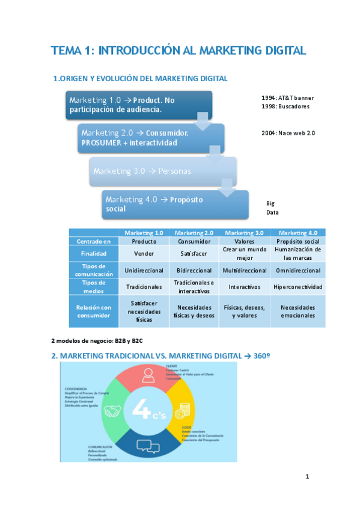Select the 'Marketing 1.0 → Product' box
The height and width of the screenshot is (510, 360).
coord(138,105)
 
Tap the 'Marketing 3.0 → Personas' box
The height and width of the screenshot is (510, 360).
coord(162,171)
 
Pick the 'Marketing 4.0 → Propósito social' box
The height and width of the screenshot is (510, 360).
coord(174,204)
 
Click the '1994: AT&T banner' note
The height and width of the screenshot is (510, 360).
coord(287,98)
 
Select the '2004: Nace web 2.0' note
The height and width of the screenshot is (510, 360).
coord(288,132)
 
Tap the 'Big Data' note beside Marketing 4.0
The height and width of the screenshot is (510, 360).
coord(271,208)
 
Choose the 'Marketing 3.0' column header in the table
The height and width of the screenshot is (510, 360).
coord(246,233)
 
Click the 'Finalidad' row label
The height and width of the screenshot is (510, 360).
coord(94,253)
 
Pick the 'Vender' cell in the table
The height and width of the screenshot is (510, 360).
coord(144,253)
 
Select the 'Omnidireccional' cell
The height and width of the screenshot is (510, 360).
coord(297,271)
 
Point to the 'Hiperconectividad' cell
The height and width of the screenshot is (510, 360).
coord(297,287)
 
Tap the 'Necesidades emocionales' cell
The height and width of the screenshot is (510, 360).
coord(297,311)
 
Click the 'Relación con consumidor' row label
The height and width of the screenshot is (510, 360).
coord(94,311)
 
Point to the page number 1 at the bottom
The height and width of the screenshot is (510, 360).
coord(307,477)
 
